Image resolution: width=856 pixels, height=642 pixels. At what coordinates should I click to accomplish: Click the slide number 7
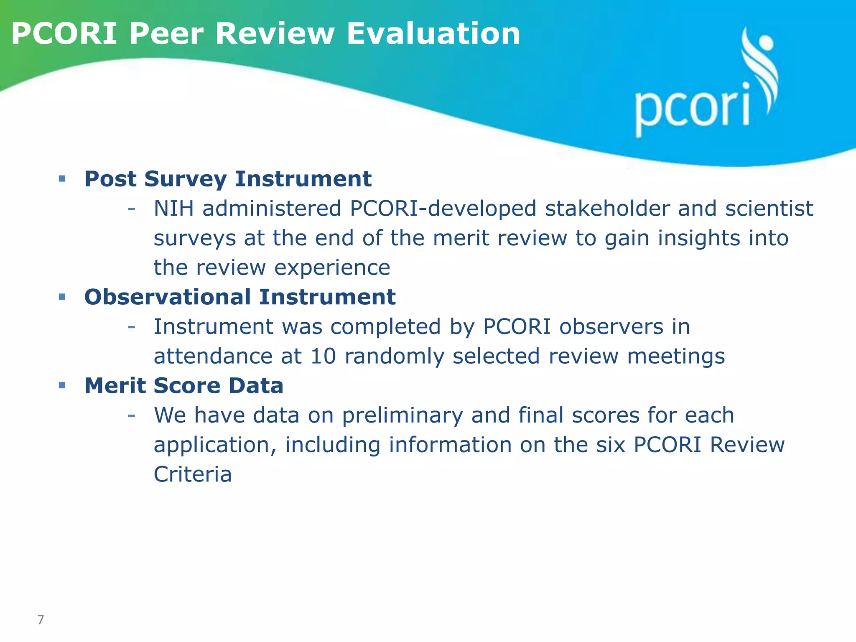(x=41, y=619)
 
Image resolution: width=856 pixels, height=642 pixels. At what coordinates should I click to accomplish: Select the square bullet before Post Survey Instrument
(x=62, y=179)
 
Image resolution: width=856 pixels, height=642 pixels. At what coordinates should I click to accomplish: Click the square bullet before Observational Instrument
(x=62, y=297)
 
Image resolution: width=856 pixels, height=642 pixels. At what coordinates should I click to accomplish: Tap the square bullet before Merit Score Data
(x=62, y=385)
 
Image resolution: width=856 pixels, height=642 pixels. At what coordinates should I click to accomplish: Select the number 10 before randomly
(x=323, y=356)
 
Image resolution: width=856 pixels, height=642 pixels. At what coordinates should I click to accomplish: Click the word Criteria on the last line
(x=193, y=474)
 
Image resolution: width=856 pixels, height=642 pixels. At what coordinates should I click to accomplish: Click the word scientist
(x=769, y=208)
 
